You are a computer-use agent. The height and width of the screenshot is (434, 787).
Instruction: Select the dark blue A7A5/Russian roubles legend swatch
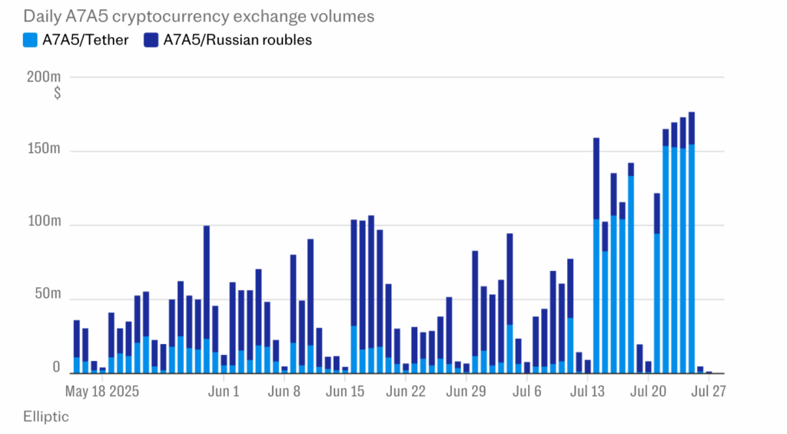pyautogui.click(x=150, y=41)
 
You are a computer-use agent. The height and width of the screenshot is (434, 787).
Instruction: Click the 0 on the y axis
pyautogui.click(x=57, y=369)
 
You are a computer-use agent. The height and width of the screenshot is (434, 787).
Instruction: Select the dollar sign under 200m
pyautogui.click(x=57, y=93)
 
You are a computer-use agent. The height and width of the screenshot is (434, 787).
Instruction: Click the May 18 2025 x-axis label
pyautogui.click(x=103, y=391)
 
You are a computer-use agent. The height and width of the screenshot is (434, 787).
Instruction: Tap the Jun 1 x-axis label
pyautogui.click(x=224, y=391)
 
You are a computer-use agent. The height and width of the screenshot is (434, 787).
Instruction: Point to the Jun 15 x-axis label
pyautogui.click(x=346, y=391)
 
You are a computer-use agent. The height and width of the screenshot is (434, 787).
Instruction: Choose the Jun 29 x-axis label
pyautogui.click(x=467, y=391)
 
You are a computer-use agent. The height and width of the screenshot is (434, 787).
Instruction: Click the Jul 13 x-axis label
pyautogui.click(x=588, y=391)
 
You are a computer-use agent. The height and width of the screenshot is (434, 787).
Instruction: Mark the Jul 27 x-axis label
pyautogui.click(x=709, y=391)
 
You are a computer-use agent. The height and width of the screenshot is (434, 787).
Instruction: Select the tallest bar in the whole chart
pyautogui.click(x=692, y=242)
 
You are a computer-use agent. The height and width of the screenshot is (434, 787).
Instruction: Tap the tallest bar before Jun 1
pyautogui.click(x=207, y=300)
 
